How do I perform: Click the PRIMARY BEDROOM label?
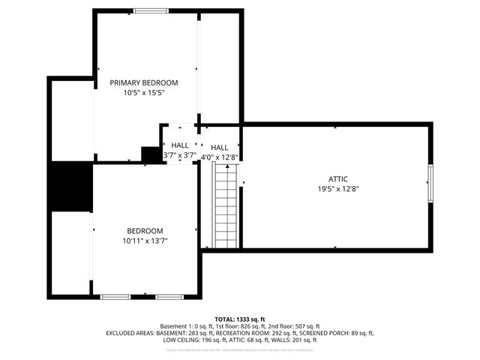(x=144, y=82)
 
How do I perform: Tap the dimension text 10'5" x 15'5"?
(x=144, y=94)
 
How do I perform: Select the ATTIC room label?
(x=337, y=179)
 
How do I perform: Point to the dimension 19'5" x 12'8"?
(x=337, y=190)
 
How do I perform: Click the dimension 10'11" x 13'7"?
(x=145, y=241)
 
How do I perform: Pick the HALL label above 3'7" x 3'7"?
(x=180, y=145)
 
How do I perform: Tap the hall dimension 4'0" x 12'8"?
(x=220, y=157)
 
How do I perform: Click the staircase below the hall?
(x=226, y=206)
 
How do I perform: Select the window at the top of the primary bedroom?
(x=151, y=10)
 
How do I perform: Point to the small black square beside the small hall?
(x=152, y=154)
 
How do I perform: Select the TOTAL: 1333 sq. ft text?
(x=240, y=319)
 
